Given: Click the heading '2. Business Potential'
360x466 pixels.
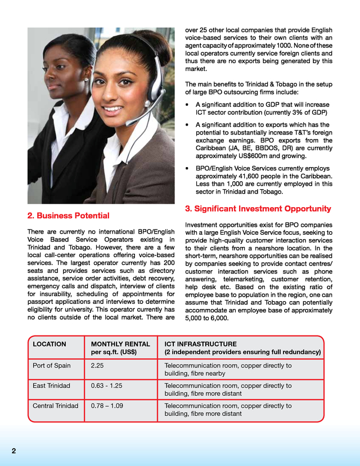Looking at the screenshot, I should pyautogui.click(x=68, y=216).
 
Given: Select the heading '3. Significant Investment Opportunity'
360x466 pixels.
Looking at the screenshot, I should pyautogui.click(x=258, y=209).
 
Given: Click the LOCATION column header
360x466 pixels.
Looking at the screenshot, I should pyautogui.click(x=49, y=344).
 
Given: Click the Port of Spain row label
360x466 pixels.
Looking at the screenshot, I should pyautogui.click(x=52, y=365).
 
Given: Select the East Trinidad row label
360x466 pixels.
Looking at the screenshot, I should pyautogui.click(x=52, y=386).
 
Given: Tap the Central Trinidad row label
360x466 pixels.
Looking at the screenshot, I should pyautogui.click(x=55, y=406).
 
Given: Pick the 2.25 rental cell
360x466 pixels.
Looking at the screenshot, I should pyautogui.click(x=97, y=365).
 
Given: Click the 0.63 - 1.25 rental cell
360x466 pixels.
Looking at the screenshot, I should pyautogui.click(x=106, y=386).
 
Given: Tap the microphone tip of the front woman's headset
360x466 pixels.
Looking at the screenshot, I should pyautogui.click(x=130, y=120).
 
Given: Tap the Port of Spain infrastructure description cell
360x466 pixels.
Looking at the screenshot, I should pyautogui.click(x=228, y=369).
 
